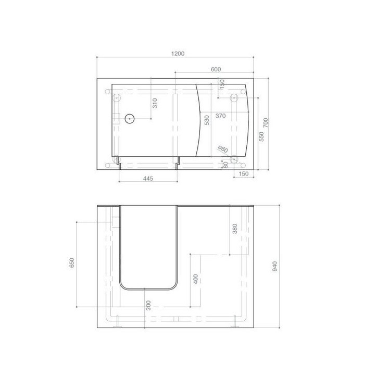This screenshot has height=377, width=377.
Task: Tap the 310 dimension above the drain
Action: [155, 103]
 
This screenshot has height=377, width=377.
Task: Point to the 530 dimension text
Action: [207, 120]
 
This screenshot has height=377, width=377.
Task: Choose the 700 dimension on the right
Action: [266, 123]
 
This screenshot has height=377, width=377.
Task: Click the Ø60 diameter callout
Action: [222, 150]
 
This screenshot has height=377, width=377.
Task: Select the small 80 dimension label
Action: [225, 164]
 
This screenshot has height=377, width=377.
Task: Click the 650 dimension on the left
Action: [72, 263]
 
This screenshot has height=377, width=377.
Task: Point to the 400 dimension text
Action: [195, 279]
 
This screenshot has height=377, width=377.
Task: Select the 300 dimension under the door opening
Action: [148, 305]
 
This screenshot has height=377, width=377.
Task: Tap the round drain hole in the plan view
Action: [130, 119]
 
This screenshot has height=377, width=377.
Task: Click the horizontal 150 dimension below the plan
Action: [243, 173]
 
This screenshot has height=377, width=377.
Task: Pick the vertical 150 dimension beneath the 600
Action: [222, 83]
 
